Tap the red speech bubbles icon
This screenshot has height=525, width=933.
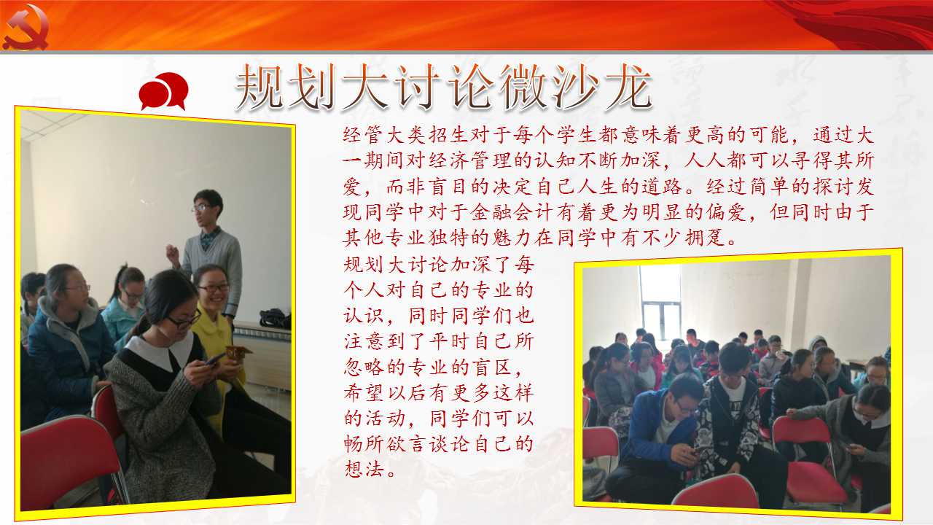coord(163,91)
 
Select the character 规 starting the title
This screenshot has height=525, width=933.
coord(258,87)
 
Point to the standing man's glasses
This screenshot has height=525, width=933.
coord(202,208)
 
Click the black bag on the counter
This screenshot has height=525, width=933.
coord(276,319)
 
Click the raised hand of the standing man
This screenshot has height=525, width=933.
coord(171,253)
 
